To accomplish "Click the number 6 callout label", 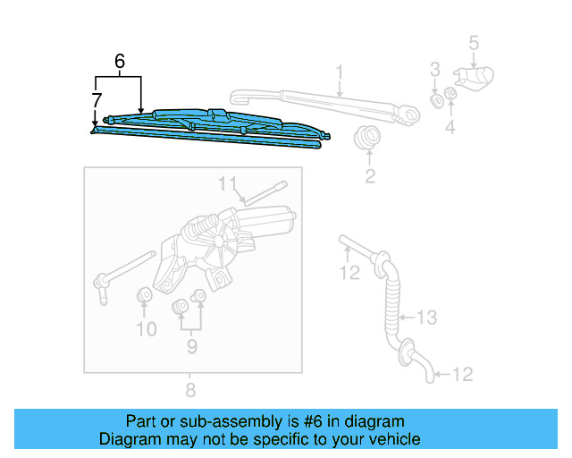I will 119,62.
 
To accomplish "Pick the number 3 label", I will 435,69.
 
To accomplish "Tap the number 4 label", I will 450,127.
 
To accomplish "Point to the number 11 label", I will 229,184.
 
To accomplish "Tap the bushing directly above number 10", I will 143,296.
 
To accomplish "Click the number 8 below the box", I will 189,389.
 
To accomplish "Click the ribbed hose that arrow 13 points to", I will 391,304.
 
